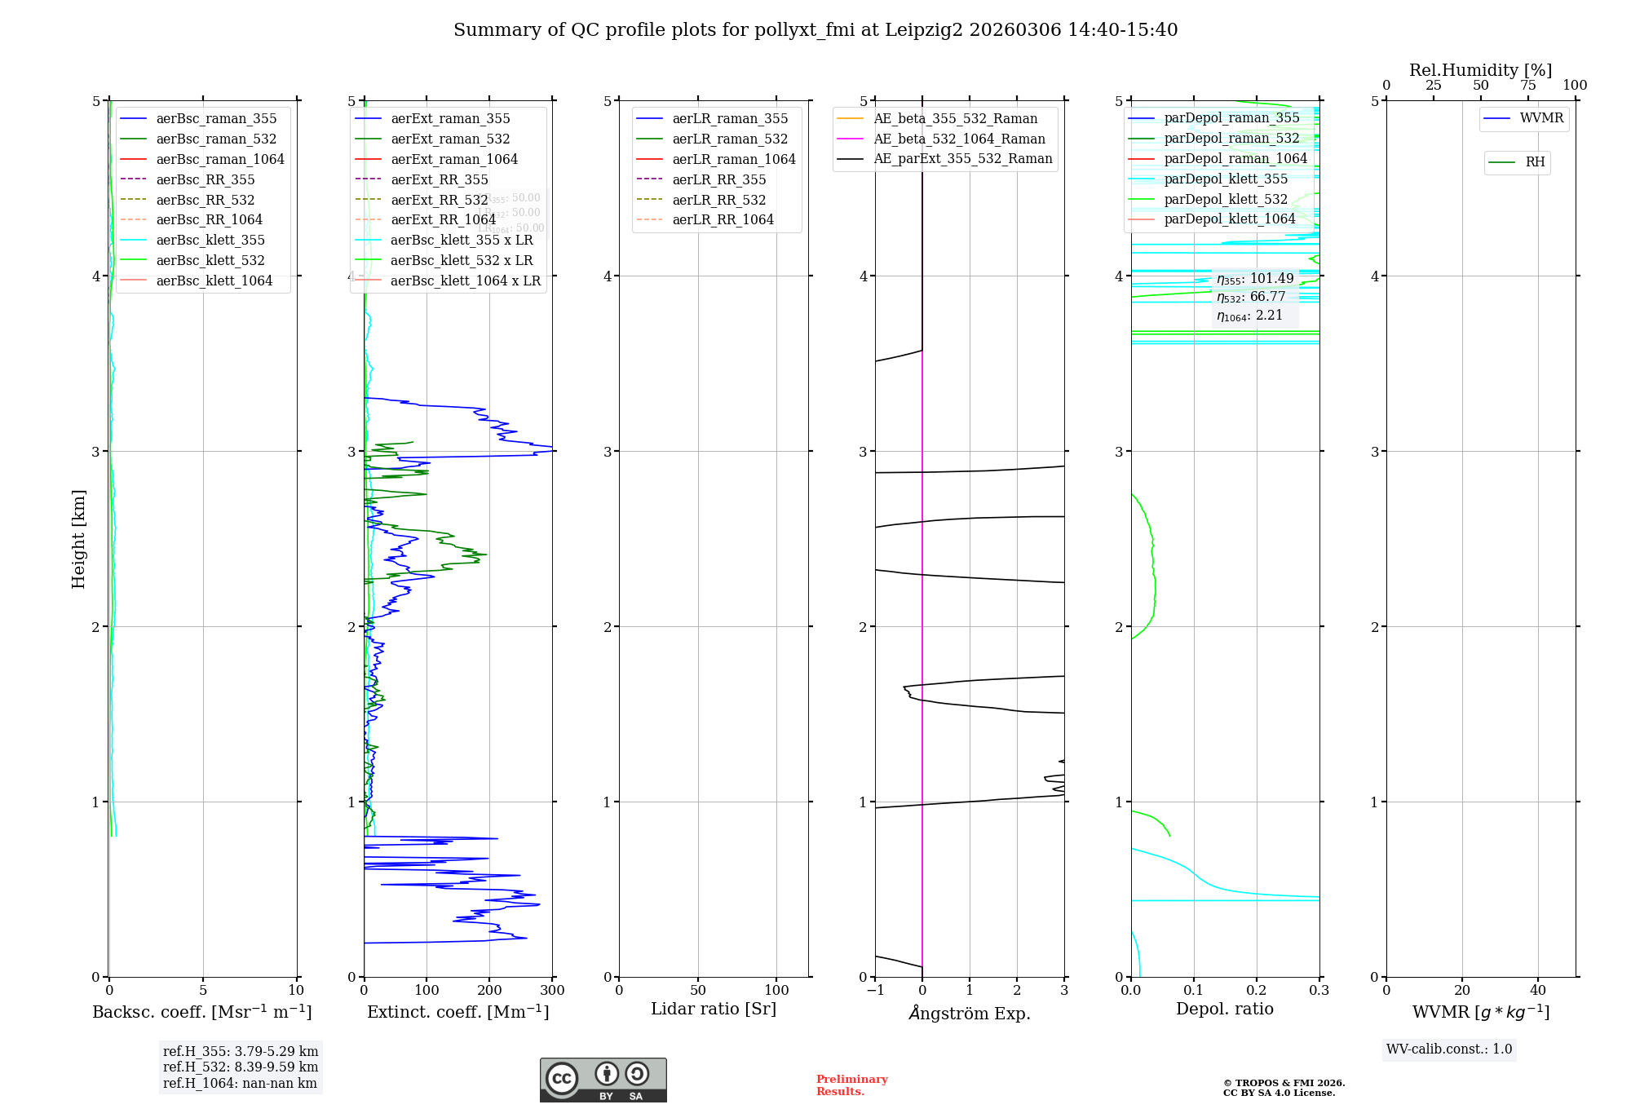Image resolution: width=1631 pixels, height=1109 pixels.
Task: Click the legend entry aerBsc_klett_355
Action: [x=210, y=240]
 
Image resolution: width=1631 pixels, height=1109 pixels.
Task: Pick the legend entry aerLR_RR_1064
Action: [x=723, y=219]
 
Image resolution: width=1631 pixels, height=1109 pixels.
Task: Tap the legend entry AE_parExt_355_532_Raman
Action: [x=962, y=158]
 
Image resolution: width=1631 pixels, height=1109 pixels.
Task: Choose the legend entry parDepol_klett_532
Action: [x=1226, y=199]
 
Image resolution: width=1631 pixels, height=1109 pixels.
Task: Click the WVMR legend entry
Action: [x=1541, y=118]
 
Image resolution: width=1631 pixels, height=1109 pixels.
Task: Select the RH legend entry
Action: [x=1535, y=162]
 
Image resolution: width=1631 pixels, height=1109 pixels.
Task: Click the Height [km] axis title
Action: [x=78, y=538]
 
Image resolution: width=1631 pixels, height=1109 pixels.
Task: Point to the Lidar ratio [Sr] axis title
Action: [x=714, y=1009]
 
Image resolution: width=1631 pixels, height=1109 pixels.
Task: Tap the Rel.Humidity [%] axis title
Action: [x=1480, y=70]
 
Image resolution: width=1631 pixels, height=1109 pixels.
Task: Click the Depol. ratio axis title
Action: [x=1224, y=1009]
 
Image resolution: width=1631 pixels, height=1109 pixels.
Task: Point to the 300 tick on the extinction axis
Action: [x=552, y=991]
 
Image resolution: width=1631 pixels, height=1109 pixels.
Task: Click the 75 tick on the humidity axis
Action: [x=1527, y=86]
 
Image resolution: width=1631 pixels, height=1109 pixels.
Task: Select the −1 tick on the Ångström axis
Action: [x=875, y=991]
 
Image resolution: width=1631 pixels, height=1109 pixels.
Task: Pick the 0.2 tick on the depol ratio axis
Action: [x=1257, y=991]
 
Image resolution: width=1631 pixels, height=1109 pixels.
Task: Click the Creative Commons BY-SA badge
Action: [x=603, y=1080]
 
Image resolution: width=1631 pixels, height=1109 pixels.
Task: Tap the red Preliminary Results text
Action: [x=851, y=1085]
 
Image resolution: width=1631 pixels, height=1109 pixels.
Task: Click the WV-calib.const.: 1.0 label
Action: [x=1449, y=1049]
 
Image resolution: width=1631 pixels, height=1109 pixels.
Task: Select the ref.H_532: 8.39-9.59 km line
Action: [x=241, y=1067]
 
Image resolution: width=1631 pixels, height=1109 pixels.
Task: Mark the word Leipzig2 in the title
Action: [x=922, y=30]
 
